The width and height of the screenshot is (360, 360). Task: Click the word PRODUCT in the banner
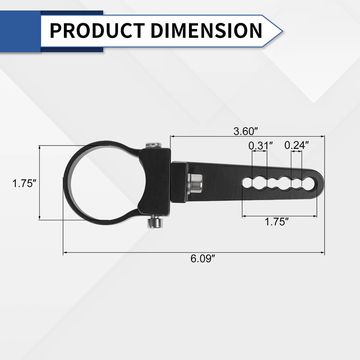pos(97,31)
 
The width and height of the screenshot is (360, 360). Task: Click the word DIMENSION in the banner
pos(206,31)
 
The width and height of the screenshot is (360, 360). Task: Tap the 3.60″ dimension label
pos(246,131)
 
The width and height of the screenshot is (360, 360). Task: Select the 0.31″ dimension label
pos(261,145)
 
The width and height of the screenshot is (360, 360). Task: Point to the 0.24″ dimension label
pos(297,145)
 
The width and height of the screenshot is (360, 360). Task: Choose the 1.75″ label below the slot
pos(277,222)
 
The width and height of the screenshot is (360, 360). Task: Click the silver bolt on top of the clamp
pos(153,145)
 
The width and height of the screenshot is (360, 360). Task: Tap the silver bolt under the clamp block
pos(155,222)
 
